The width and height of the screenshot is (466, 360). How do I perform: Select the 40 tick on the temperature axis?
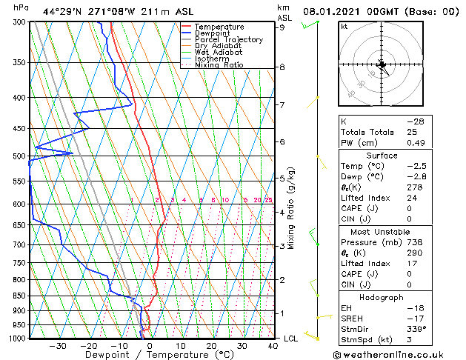click(273, 345)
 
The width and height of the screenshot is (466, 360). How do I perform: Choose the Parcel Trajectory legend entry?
click(228, 40)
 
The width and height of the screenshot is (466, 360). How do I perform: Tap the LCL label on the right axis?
click(291, 339)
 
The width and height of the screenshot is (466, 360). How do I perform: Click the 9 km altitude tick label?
click(282, 27)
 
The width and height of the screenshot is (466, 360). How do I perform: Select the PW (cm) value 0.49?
click(416, 143)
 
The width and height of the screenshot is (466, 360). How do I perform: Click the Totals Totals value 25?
click(412, 132)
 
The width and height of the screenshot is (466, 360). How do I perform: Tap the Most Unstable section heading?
click(382, 232)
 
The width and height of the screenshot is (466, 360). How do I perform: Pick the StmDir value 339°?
click(416, 329)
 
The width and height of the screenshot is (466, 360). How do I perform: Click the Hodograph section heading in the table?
click(382, 297)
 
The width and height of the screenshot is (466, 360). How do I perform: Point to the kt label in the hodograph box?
click(344, 26)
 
